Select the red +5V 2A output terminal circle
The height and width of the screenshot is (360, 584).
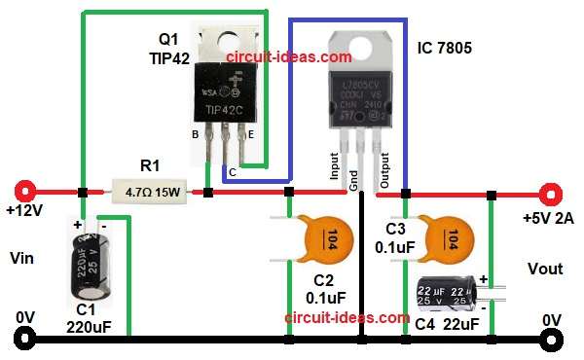pos(552,193)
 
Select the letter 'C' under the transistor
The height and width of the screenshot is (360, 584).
pos(231,171)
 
